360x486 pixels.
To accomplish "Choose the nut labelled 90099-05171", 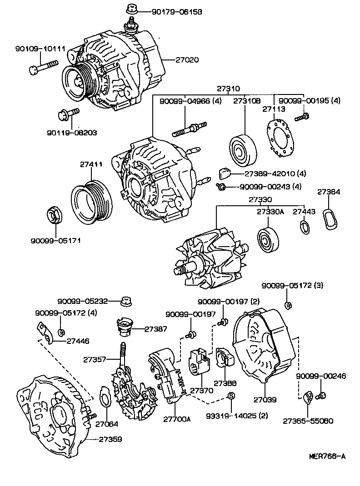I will (55, 215).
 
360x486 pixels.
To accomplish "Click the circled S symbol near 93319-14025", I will (230, 396).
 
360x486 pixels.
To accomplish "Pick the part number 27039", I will (265, 400).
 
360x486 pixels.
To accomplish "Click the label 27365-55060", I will (308, 421).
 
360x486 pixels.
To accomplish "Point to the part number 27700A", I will (177, 419).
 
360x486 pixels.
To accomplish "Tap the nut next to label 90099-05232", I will (126, 301).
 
